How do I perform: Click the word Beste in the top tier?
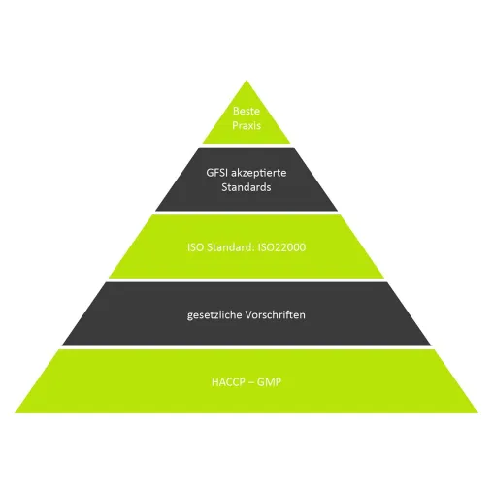(x=246, y=111)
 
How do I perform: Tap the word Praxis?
(x=246, y=125)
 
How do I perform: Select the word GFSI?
(x=217, y=173)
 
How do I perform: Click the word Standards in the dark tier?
(x=246, y=187)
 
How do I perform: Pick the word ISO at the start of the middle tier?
(x=195, y=247)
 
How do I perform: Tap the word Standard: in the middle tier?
(x=231, y=247)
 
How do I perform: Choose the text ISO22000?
(x=281, y=247)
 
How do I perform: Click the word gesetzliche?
(x=214, y=315)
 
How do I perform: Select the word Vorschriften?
(x=276, y=314)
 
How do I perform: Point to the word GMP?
(x=269, y=382)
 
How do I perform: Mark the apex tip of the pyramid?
(x=246, y=81)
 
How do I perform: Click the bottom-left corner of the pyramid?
(x=15, y=412)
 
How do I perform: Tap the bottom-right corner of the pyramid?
(x=478, y=412)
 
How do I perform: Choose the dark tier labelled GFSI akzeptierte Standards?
(x=246, y=180)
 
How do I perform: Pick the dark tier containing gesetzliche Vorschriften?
(x=246, y=314)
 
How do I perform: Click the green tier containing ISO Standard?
(x=246, y=246)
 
